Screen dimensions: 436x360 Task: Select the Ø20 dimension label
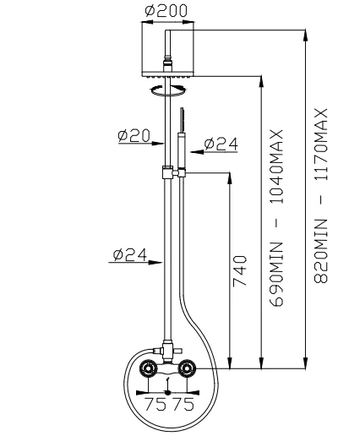(134, 134)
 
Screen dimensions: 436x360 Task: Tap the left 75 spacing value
(156, 404)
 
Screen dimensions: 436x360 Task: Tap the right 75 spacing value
(183, 404)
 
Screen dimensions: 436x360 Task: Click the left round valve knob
(149, 369)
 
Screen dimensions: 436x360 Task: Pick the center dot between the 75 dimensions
(169, 392)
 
